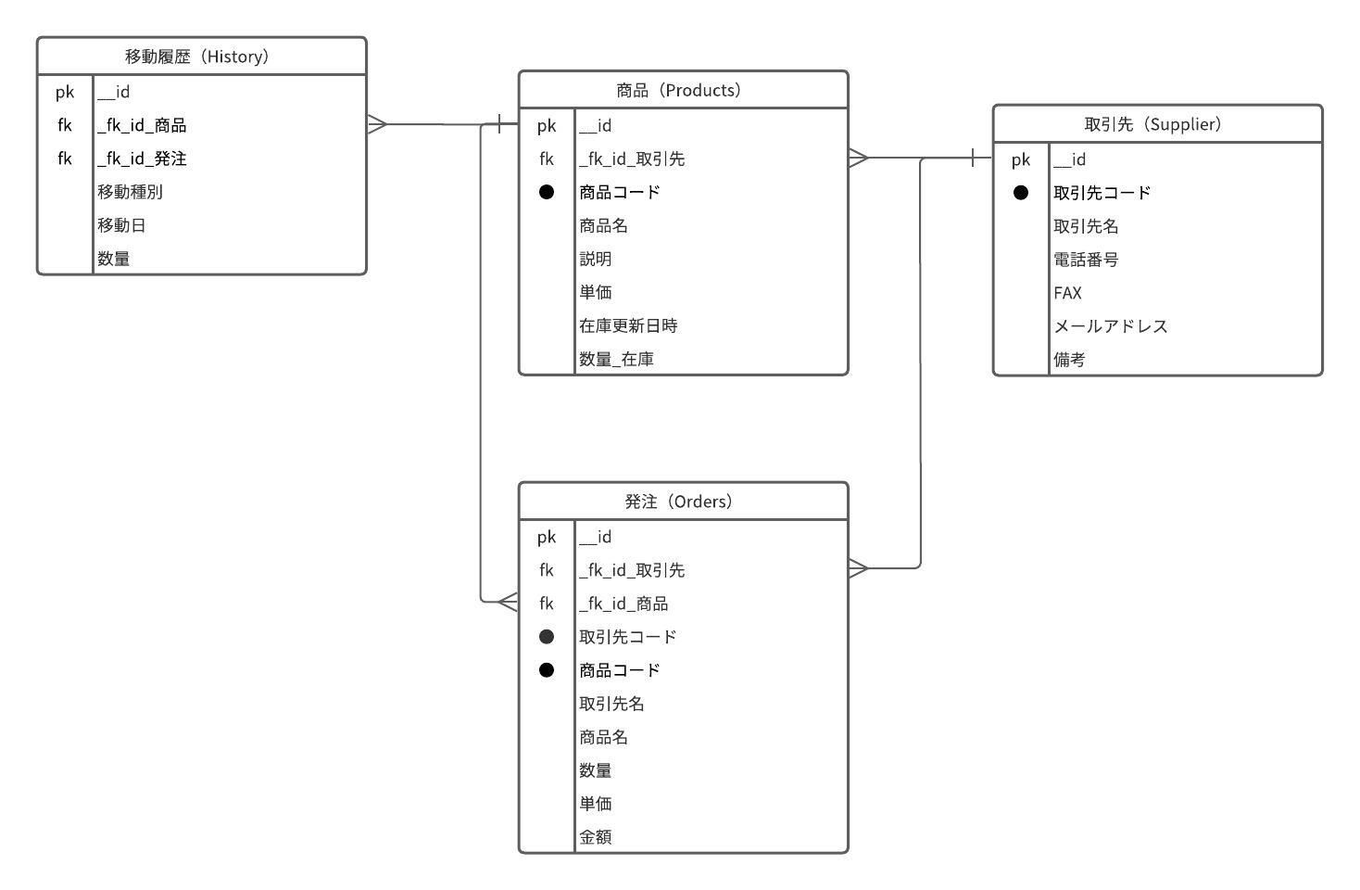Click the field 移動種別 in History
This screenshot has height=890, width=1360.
[131, 192]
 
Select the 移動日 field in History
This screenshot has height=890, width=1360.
[122, 225]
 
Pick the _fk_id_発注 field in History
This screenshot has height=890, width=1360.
[143, 159]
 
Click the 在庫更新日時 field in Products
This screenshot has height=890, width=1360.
[628, 325]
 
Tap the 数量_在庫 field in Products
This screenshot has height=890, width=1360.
[617, 359]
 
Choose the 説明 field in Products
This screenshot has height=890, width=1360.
[596, 259]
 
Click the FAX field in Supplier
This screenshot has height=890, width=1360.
[1067, 293]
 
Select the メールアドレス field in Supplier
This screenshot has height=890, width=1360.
[1111, 326]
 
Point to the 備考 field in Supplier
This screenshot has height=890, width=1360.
[1069, 360]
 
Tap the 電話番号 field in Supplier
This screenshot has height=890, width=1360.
[1086, 260]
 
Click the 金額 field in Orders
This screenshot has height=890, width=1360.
[596, 837]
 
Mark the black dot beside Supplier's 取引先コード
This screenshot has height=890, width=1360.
[1021, 193]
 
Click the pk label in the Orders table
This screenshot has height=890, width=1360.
[547, 537]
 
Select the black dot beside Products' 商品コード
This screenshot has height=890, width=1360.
[547, 192]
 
